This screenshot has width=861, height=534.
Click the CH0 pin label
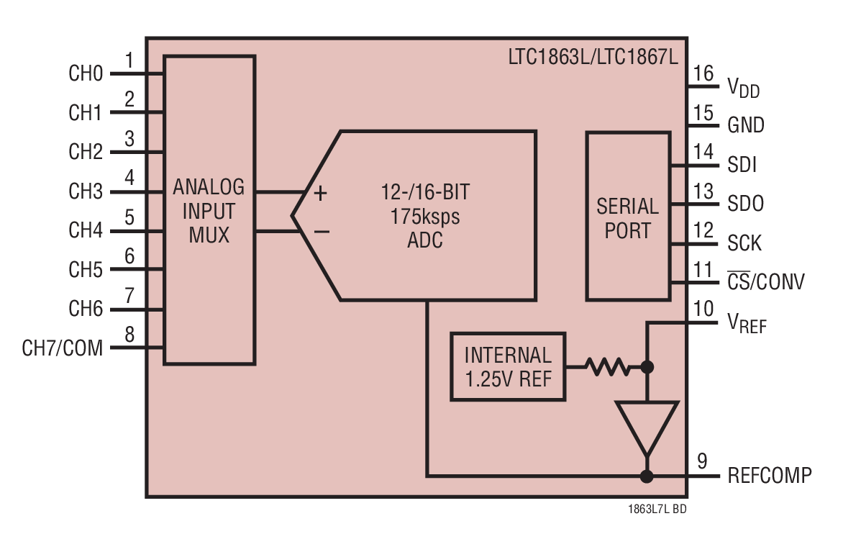(x=86, y=73)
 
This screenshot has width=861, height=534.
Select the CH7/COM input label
(x=63, y=349)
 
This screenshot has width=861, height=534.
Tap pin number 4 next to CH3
(x=129, y=177)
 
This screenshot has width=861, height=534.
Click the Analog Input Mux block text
(x=209, y=211)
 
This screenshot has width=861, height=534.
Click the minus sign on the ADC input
(x=322, y=232)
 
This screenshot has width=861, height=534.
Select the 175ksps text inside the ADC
(x=424, y=216)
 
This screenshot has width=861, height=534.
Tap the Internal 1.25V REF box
(x=507, y=366)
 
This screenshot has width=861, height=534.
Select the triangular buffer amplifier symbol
(x=647, y=425)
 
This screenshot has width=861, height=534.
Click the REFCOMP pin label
(x=769, y=476)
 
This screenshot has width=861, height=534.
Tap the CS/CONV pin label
(x=765, y=281)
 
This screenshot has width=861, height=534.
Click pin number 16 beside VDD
(x=704, y=73)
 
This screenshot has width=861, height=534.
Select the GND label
(x=746, y=125)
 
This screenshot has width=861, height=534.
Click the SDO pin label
(x=745, y=204)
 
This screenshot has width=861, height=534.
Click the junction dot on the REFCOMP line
(x=647, y=476)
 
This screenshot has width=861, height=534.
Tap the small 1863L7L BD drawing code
(x=657, y=510)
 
